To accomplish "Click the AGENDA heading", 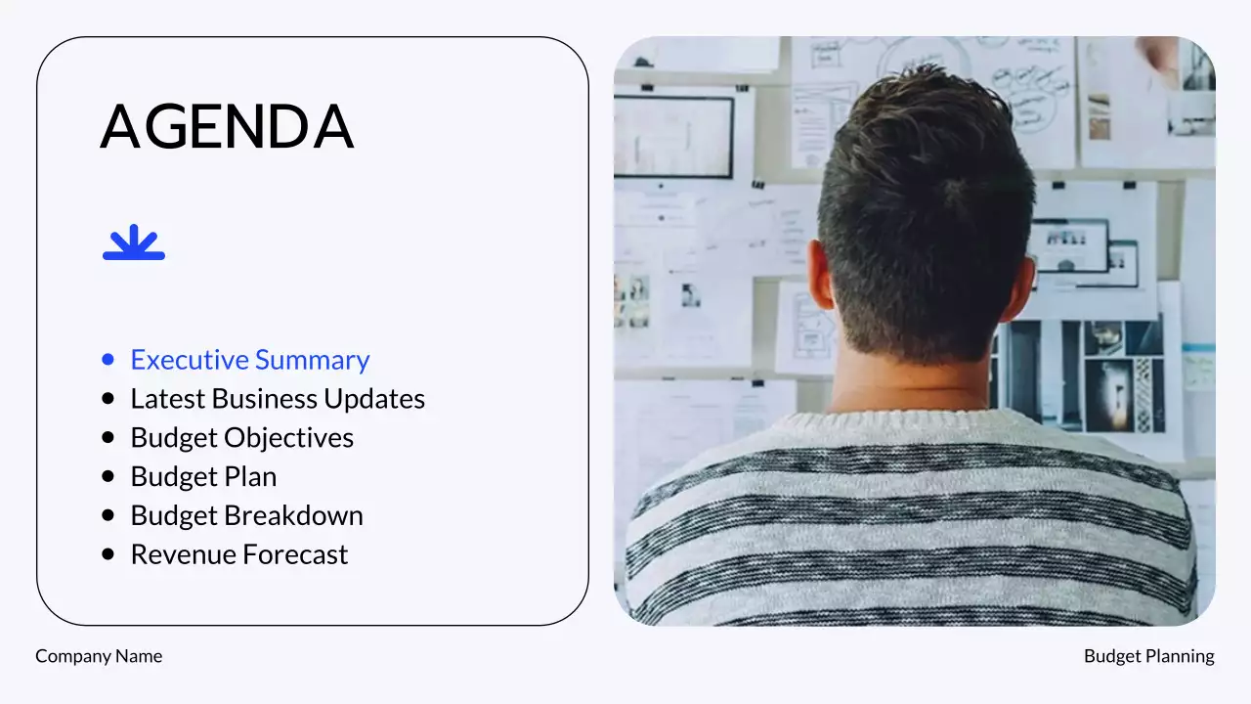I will coord(227,127).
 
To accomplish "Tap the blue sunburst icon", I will coord(134,242).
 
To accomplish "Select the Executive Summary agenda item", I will coord(250,360).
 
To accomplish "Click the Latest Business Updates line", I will coord(278,399).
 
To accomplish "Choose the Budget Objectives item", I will coord(242,438).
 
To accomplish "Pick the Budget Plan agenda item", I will coord(203,477).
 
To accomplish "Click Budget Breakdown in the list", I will coord(246,516).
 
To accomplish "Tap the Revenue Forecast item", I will coord(239,555).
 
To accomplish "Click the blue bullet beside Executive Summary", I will coord(108,360).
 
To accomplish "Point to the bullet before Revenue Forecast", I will coord(108,555).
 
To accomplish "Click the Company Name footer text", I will coord(99,656).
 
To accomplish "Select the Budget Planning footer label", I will coord(1148,656).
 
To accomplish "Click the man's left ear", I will coord(821,276).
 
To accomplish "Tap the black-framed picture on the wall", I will coord(673,137).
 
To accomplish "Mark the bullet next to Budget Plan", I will coord(108,477).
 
